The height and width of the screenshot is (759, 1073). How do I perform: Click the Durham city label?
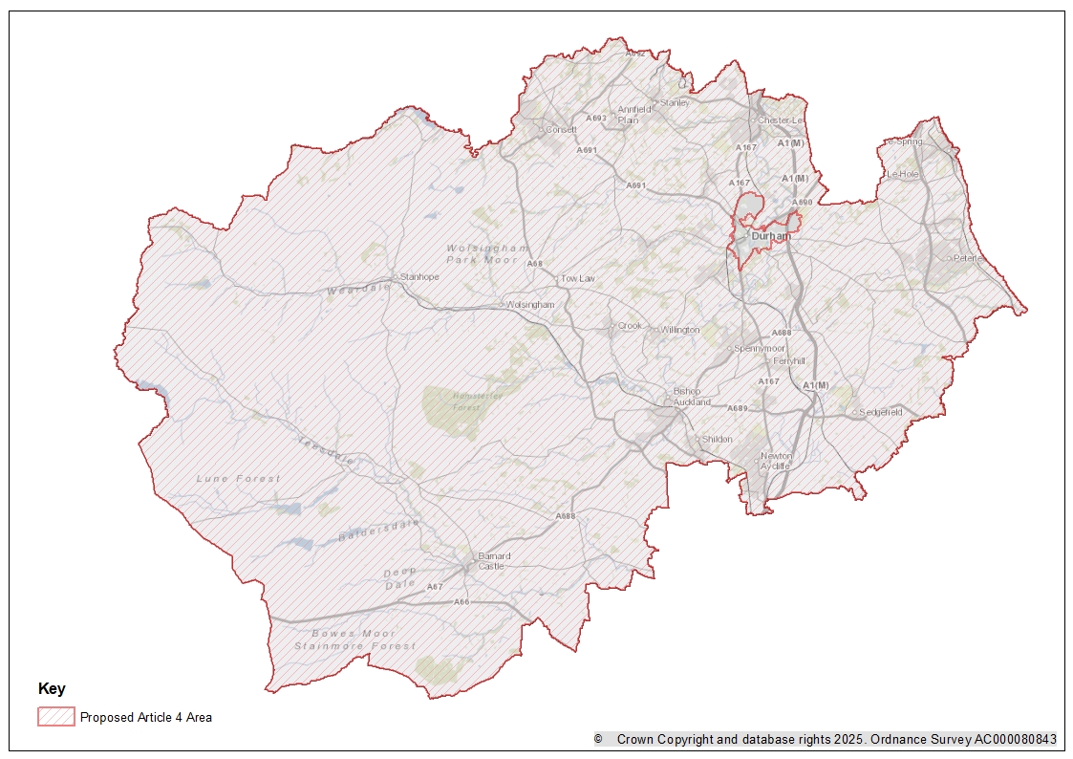click(x=771, y=235)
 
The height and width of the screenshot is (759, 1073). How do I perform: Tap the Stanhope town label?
click(x=419, y=276)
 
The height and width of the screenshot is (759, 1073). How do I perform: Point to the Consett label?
click(x=562, y=129)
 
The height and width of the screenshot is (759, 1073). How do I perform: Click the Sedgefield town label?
click(x=880, y=412)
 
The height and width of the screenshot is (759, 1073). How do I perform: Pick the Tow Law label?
click(x=578, y=277)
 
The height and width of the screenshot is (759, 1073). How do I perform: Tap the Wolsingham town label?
click(x=530, y=304)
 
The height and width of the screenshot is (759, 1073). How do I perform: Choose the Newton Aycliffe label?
click(x=776, y=461)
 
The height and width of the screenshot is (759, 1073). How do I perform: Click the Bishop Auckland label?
click(x=692, y=397)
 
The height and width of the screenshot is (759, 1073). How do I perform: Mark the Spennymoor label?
click(x=760, y=348)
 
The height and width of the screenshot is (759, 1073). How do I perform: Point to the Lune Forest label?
click(x=239, y=478)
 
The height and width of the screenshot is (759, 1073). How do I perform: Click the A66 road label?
click(x=461, y=601)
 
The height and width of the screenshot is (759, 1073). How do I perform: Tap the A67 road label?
click(x=435, y=586)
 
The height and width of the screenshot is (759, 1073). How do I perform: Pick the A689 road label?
click(x=737, y=408)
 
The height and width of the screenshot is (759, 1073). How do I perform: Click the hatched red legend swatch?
click(x=55, y=717)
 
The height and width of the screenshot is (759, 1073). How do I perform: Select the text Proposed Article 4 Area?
click(x=146, y=717)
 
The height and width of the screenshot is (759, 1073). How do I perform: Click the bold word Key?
click(x=52, y=688)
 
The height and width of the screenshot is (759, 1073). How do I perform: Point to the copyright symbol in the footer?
click(x=598, y=739)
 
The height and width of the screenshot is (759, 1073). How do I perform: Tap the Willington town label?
click(x=680, y=330)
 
